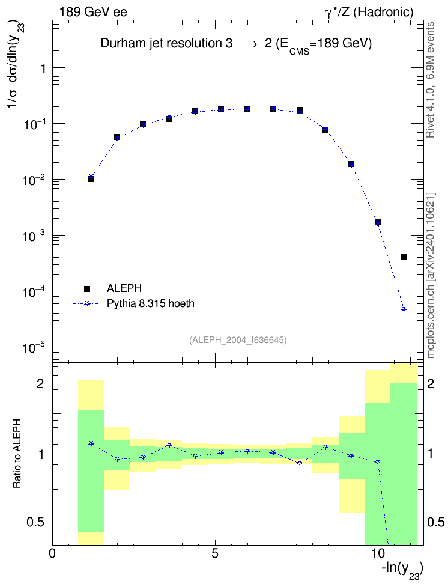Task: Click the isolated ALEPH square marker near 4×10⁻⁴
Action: coord(404,257)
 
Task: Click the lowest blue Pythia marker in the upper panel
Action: coord(404,309)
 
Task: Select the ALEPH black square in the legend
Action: coord(87,288)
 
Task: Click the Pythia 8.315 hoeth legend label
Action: coord(151,303)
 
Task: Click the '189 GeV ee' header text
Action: coord(93,12)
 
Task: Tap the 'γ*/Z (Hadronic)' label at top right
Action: coord(369,12)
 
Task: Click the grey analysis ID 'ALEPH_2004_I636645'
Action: coord(238,340)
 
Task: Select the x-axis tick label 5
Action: coord(215,553)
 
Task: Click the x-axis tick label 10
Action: coord(378,553)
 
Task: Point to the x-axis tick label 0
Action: coord(52,553)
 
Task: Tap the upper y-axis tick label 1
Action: coord(44,68)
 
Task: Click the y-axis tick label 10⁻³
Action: coord(34,235)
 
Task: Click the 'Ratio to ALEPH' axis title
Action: coord(17,454)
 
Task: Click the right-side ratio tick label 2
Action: coord(431,384)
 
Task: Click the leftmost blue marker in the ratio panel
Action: coord(91,443)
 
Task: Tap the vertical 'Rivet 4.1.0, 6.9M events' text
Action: coord(431,80)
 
